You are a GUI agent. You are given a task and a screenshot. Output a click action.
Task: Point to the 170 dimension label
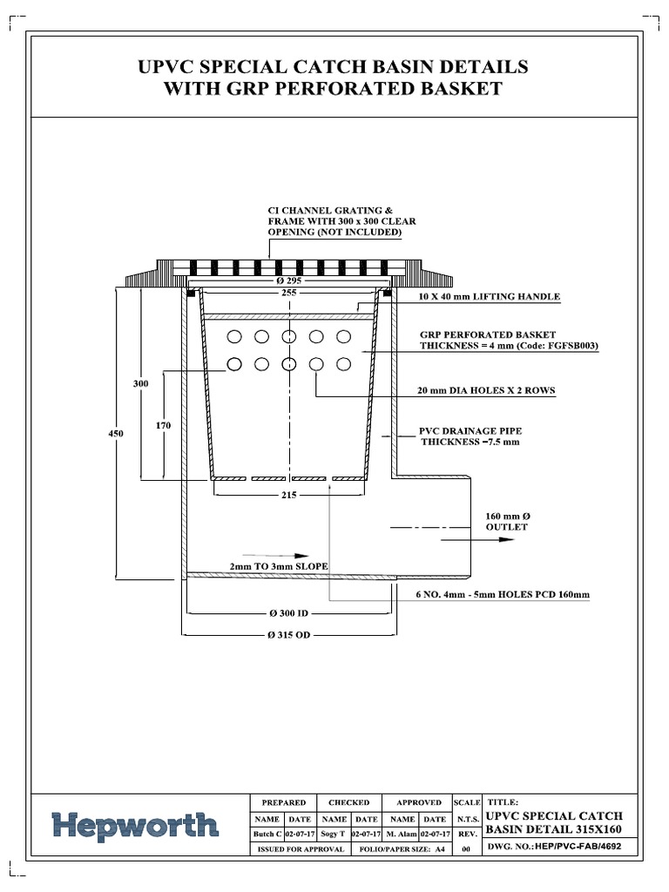point(163,425)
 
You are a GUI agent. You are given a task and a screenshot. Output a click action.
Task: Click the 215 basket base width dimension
point(289,496)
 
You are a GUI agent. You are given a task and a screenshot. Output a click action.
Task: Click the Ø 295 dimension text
point(289,280)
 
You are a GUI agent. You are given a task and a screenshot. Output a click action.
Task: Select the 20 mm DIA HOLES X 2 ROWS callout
point(488,390)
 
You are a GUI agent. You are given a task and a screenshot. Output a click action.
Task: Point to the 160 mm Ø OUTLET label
point(506,521)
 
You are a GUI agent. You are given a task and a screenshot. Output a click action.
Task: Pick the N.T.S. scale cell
point(466,819)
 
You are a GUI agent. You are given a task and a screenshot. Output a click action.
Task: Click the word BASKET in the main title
point(455,88)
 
